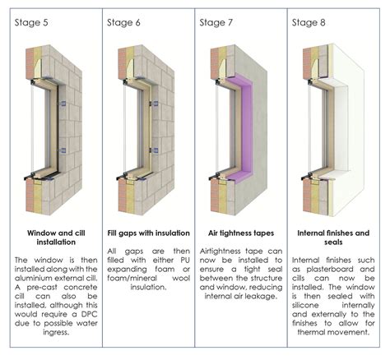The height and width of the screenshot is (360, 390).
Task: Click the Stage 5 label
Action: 31,22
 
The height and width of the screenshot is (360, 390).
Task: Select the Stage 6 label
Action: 124,22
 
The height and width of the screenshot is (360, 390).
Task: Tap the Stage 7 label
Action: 217,22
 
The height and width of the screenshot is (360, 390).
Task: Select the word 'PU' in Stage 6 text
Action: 179,269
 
